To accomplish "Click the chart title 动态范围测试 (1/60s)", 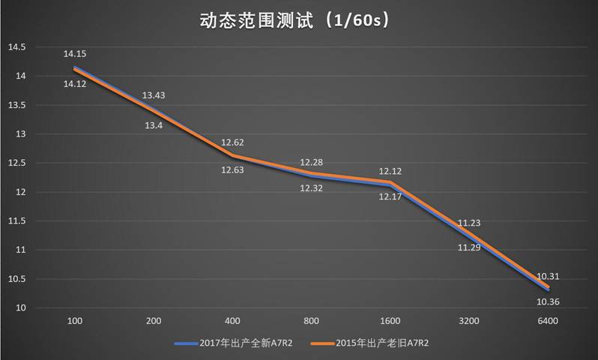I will [298, 21].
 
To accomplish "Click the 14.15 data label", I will [75, 54].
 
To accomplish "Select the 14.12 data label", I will [75, 84].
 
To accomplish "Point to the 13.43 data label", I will [154, 95].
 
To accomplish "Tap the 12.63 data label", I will [232, 170].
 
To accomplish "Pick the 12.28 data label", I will [311, 163].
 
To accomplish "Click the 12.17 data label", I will [390, 197].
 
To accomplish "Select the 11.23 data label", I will [469, 222].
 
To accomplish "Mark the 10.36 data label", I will [548, 302].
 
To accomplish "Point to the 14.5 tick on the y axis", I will [16, 47].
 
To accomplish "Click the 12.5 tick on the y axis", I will [16, 163].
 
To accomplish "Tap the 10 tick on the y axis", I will [21, 307].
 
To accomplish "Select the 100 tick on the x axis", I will [75, 321].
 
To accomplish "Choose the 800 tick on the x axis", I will [311, 321].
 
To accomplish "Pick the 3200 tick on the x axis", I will [469, 321].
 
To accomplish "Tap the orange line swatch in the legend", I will [324, 343].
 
